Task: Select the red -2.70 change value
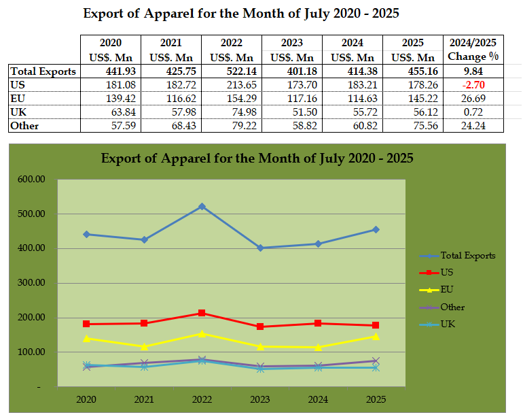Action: coord(473,85)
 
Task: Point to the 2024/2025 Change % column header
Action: coord(473,50)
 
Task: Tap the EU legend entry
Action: coord(448,290)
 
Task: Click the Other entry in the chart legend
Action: coord(453,307)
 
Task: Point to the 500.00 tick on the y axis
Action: coord(31,214)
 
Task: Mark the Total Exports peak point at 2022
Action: coord(202,206)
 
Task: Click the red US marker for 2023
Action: coord(260,327)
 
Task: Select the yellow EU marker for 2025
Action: coord(376,336)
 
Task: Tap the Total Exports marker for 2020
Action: coord(86,234)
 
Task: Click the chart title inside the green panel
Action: coord(257,159)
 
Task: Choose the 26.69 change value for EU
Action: coord(473,99)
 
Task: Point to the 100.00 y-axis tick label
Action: coord(31,352)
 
